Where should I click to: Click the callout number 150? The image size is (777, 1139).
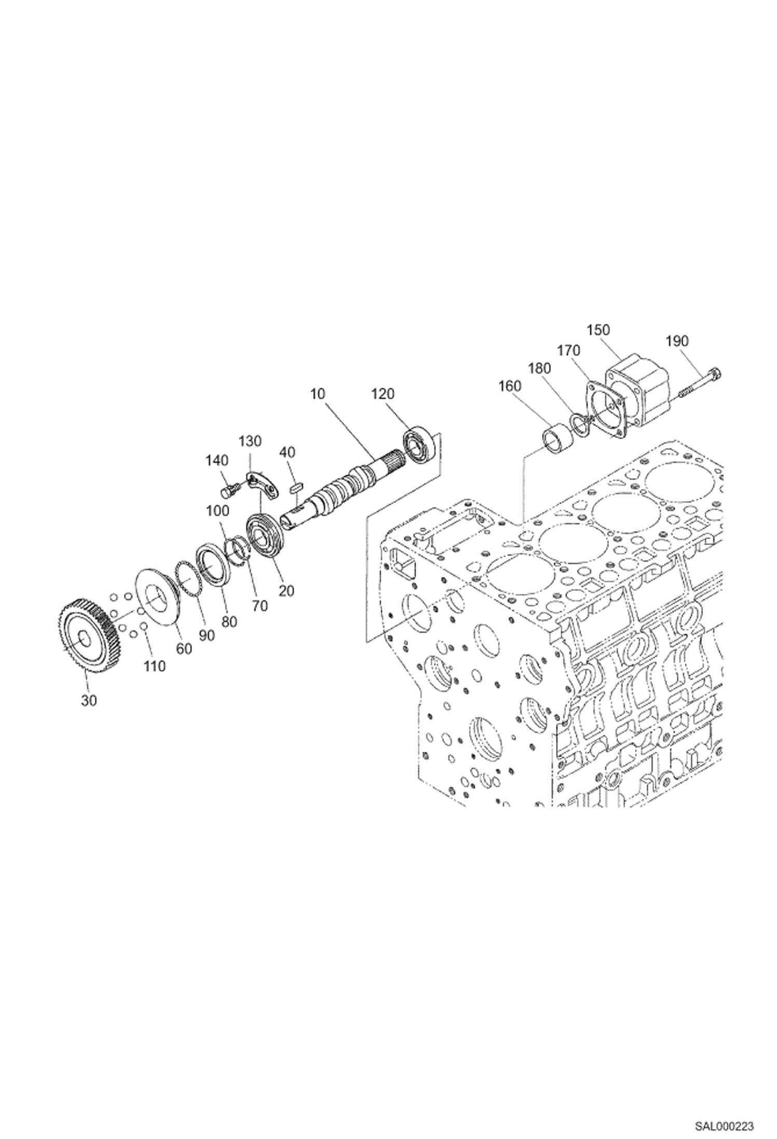pos(598,330)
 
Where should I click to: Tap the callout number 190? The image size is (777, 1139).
pos(676,341)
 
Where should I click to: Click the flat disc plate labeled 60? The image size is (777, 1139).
pos(158,596)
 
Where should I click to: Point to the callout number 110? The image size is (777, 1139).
pos(155,666)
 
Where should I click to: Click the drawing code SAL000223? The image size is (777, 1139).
pos(724,1122)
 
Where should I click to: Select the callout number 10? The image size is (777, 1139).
pos(317,394)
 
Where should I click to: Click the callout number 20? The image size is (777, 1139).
pos(286,590)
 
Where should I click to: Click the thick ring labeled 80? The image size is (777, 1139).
pos(212,562)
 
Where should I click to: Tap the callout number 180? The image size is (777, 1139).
pos(539,368)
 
